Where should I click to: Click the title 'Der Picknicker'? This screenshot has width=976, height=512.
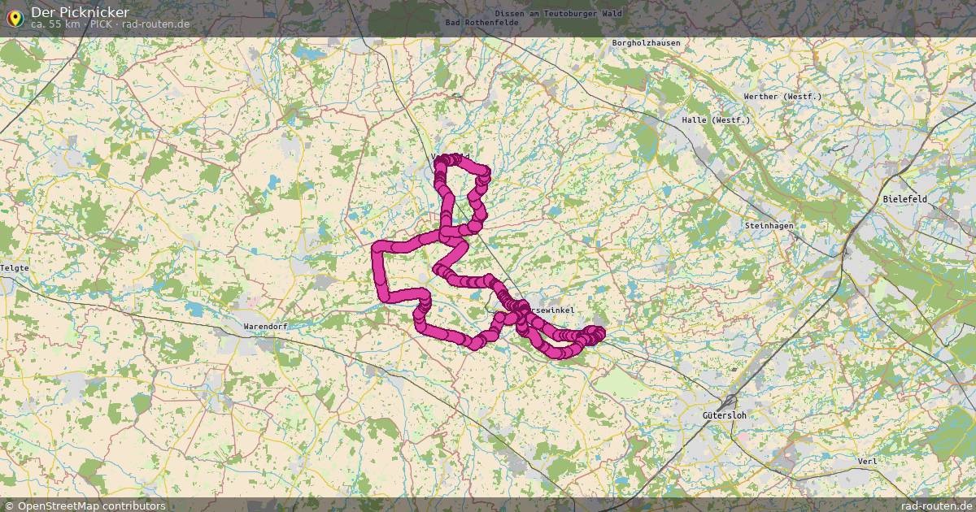80,12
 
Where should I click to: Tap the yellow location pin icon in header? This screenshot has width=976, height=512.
14,17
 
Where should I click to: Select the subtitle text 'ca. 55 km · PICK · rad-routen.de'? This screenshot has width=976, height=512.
110,24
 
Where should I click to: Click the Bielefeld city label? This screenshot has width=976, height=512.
905,199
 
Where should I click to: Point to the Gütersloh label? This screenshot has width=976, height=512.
724,415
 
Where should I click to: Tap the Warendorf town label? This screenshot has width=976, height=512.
265,328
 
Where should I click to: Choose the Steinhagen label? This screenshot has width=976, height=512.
769,225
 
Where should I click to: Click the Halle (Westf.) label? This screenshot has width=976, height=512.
717,120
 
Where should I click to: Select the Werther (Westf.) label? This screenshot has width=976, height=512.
782,97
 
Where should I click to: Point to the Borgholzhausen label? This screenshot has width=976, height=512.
646,43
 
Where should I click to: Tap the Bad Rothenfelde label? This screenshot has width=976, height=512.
482,22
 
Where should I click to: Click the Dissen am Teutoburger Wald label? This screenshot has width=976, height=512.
569,14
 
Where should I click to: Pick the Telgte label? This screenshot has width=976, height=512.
15,267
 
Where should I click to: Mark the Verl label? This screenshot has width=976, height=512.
867,461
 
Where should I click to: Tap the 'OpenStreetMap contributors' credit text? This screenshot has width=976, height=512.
91,505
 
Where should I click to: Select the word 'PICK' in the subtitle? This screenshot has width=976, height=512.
102,24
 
